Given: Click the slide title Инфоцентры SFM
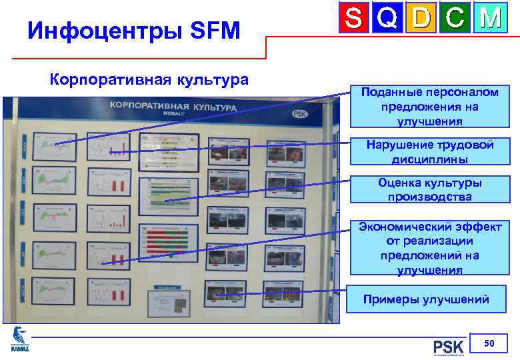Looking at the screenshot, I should point(133,30).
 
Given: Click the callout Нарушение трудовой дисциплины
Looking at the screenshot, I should point(431,152).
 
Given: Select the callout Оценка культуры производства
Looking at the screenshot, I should point(431,190).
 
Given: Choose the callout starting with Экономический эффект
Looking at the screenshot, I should point(429,248).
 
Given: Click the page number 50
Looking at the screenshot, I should point(489,343).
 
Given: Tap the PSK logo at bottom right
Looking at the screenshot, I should point(447,347).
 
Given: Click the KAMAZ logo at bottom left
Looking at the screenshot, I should point(20,339).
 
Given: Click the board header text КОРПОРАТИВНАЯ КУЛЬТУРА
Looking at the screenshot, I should point(173,107).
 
